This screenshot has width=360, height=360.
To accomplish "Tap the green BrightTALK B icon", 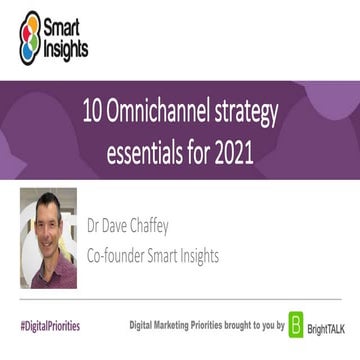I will point(297,327).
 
